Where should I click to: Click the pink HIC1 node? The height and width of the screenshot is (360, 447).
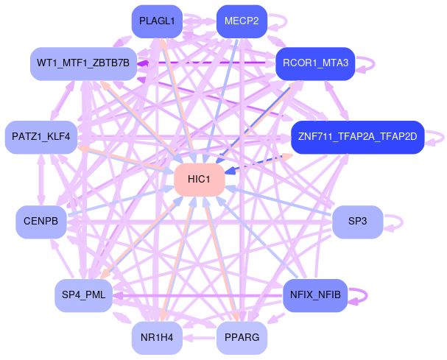[x=199, y=180]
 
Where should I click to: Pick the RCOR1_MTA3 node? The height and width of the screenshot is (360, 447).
[x=315, y=63]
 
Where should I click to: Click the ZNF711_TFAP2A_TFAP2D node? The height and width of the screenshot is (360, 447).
[x=357, y=137]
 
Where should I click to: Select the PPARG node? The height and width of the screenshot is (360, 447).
[x=242, y=338]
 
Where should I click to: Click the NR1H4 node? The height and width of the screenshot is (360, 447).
[x=156, y=338]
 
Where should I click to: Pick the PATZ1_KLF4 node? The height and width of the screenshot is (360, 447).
[x=41, y=137]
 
